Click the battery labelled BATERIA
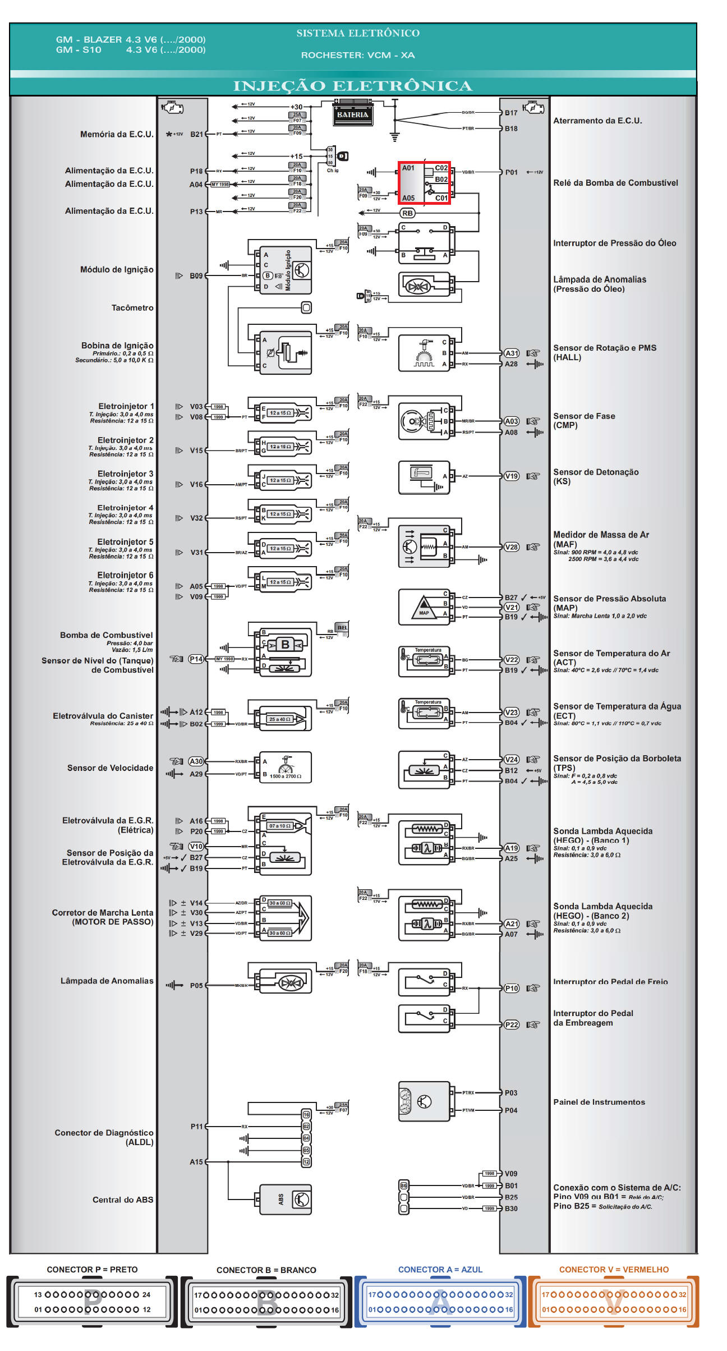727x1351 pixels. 352,114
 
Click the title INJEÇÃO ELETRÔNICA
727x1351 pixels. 353,86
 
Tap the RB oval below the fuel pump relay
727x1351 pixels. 407,213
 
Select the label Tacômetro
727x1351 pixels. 132,307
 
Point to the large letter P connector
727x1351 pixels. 93,1302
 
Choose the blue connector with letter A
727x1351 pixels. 440,1302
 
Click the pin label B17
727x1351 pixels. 511,113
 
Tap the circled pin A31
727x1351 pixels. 512,353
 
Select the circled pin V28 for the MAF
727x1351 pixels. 512,547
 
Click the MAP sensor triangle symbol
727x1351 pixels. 424,608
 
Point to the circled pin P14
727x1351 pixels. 196,659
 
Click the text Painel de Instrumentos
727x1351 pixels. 599,1102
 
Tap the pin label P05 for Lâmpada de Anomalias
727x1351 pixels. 196,985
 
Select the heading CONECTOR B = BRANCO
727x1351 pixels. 266,1270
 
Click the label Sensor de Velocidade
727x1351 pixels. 110,768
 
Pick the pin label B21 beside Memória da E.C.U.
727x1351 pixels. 196,134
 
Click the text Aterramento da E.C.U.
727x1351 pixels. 597,121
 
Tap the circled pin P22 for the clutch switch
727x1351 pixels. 512,1024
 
